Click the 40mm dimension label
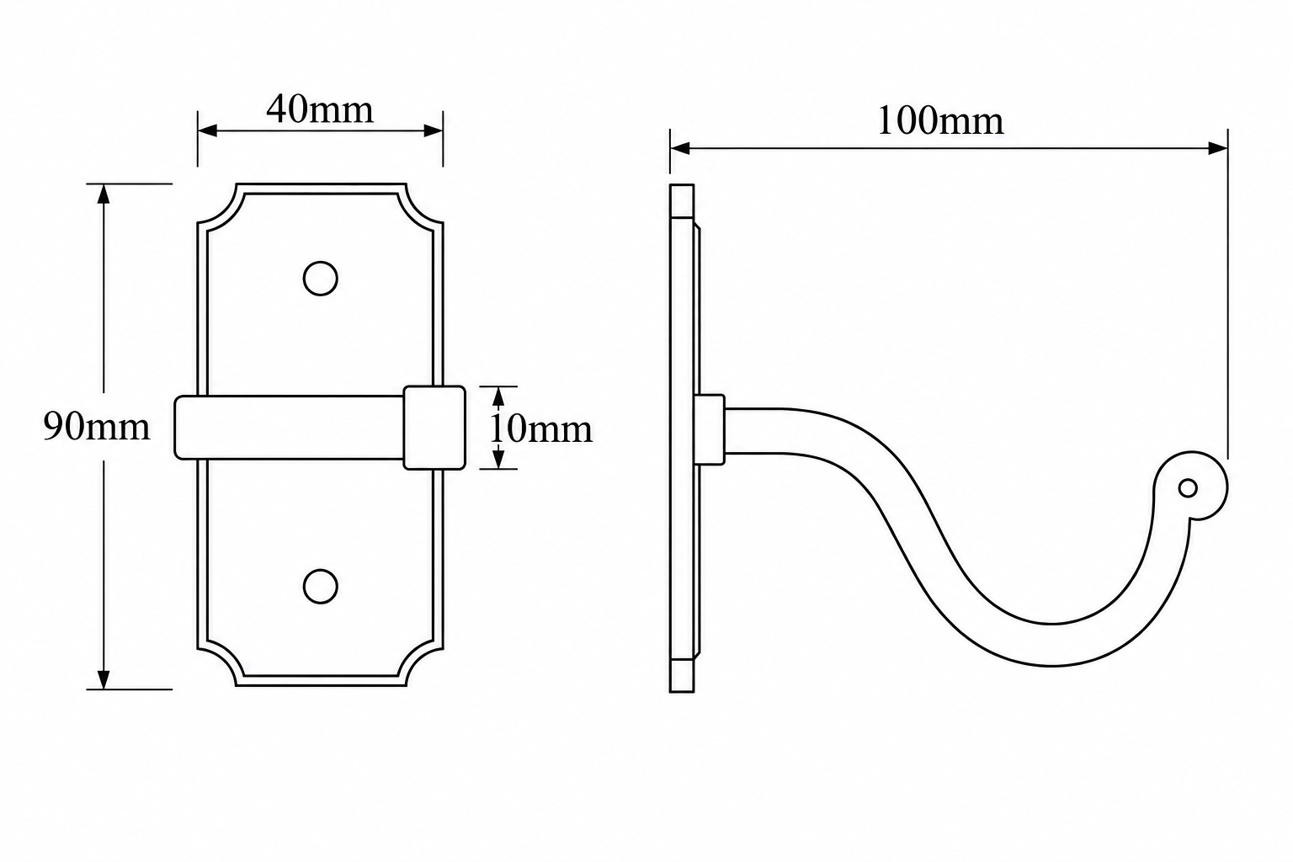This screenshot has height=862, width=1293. click(320, 109)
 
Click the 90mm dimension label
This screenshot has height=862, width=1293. click(97, 427)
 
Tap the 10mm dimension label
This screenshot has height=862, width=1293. click(541, 429)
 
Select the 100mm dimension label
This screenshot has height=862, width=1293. click(940, 121)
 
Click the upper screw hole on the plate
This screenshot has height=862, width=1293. click(321, 279)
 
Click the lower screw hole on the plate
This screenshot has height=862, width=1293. click(321, 587)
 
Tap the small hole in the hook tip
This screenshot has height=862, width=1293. click(1188, 488)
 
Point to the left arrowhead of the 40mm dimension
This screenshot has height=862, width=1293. click(207, 131)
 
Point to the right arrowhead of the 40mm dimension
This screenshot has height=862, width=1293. click(433, 131)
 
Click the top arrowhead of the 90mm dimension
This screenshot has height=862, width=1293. click(104, 194)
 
